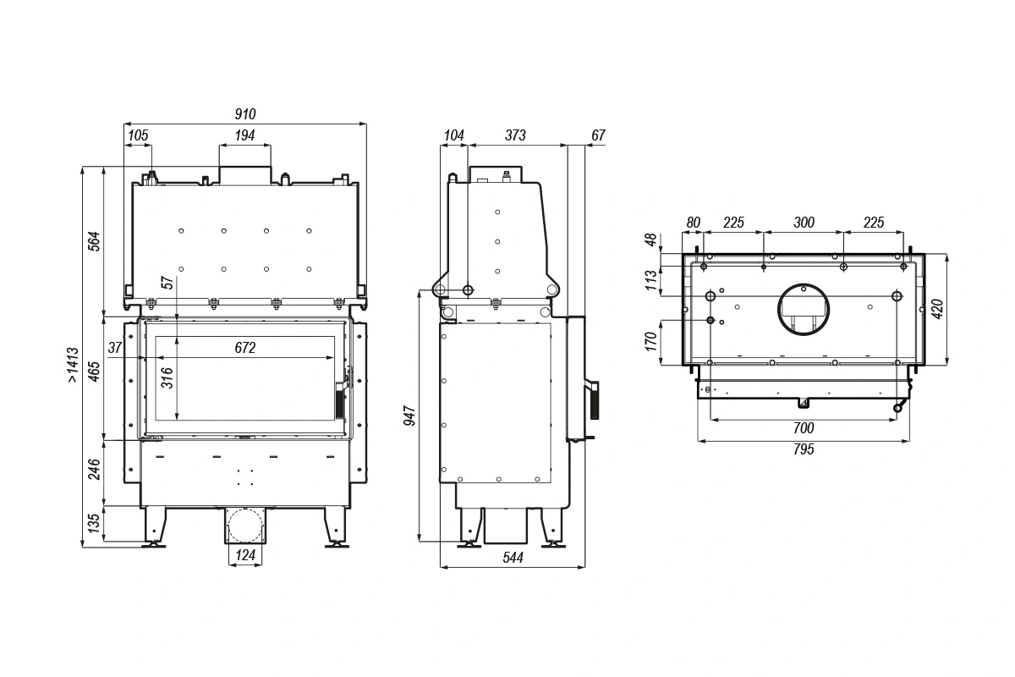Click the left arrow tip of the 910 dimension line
pyautogui.click(x=124, y=124)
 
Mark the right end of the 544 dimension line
pyautogui.click(x=585, y=567)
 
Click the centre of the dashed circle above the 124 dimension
pyautogui.click(x=245, y=526)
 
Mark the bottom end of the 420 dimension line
pyautogui.click(x=946, y=365)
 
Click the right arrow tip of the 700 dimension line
pyautogui.click(x=897, y=420)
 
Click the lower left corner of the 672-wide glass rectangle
pyautogui.click(x=156, y=420)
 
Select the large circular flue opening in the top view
pyautogui.click(x=804, y=310)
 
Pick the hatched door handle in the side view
pyautogui.click(x=595, y=400)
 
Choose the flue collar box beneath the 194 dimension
pyautogui.click(x=245, y=175)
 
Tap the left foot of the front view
pyautogui.click(x=154, y=527)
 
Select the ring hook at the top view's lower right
pyautogui.click(x=897, y=408)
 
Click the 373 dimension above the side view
pyautogui.click(x=516, y=135)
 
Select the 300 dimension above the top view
pyautogui.click(x=804, y=223)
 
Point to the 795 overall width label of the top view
pyautogui.click(x=804, y=449)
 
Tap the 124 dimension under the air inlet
pyautogui.click(x=245, y=554)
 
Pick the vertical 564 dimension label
pyautogui.click(x=93, y=241)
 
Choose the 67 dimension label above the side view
pyautogui.click(x=598, y=135)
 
